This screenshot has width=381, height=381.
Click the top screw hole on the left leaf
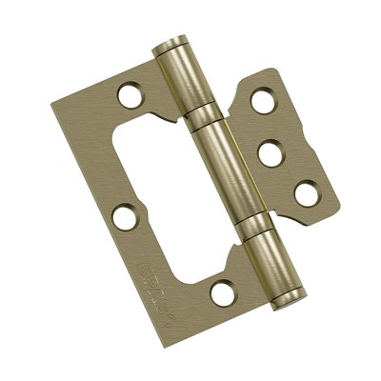(129, 94)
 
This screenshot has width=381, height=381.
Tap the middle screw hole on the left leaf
(124, 216)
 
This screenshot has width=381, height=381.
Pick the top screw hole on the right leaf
(262, 100)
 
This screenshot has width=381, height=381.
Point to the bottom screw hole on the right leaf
(306, 193)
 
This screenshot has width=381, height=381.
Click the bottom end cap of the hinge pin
(287, 298)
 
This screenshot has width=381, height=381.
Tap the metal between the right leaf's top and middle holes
(268, 126)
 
